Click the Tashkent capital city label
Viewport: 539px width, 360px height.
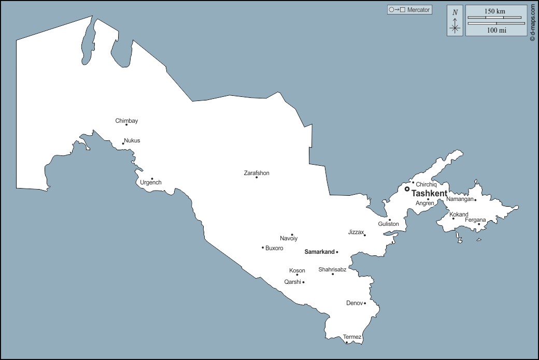click(429, 193)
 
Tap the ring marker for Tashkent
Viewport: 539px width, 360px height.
click(407, 189)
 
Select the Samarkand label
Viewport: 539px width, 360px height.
click(319, 252)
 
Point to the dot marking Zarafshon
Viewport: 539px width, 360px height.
click(257, 178)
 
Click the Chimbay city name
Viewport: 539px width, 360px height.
click(126, 121)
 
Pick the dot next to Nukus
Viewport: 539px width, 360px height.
click(123, 143)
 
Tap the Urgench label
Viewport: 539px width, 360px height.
click(151, 182)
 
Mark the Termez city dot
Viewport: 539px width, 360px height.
click(347, 342)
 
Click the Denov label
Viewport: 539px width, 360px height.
click(354, 303)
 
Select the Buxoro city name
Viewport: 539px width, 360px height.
click(274, 248)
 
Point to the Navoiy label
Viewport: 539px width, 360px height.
click(289, 238)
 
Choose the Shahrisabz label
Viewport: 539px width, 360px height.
click(332, 269)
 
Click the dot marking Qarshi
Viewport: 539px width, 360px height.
click(303, 282)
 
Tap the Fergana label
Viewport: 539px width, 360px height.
click(475, 220)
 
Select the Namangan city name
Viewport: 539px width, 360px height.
click(460, 199)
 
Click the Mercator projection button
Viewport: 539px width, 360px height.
click(409, 10)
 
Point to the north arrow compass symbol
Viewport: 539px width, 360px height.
click(455, 21)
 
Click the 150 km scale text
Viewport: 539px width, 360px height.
click(495, 11)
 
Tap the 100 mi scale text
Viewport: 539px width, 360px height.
click(497, 30)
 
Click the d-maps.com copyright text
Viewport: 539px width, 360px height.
click(532, 23)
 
